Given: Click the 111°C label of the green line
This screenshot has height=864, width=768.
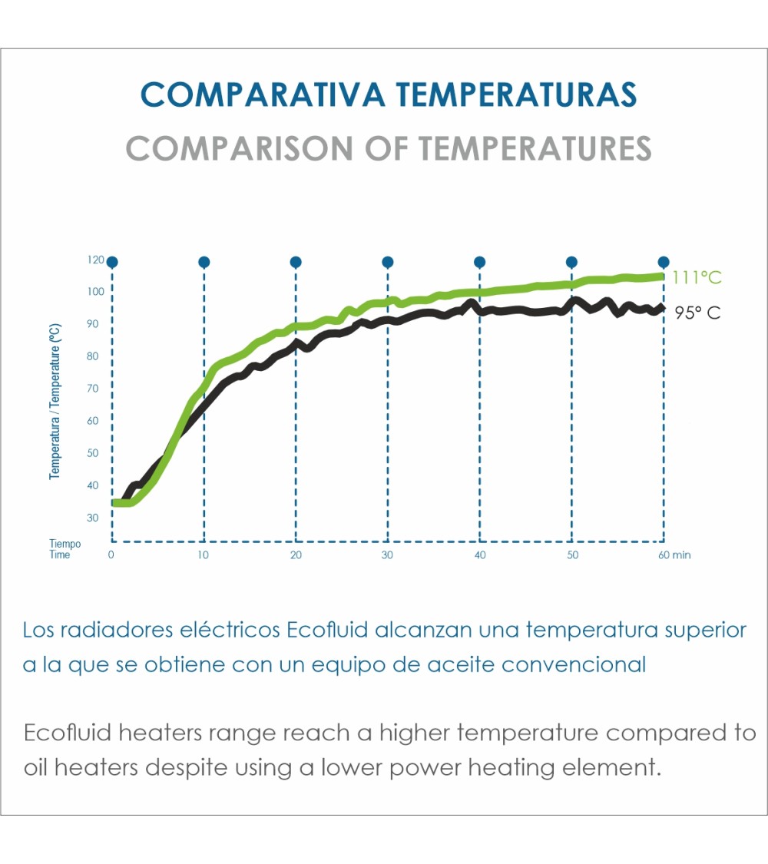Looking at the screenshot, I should tap(697, 278).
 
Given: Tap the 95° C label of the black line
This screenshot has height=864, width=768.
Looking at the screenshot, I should tap(697, 313).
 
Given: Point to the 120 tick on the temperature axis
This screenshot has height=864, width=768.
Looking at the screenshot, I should tap(95, 260).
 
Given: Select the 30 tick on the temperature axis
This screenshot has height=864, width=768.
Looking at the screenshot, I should tap(93, 518).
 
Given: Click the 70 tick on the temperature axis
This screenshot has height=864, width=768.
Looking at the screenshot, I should tap(93, 389).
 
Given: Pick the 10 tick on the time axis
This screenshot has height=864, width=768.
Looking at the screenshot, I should tap(204, 554).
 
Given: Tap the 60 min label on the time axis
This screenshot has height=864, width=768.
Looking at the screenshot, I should tap(674, 554).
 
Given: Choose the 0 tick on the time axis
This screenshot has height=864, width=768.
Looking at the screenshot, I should tap(112, 554).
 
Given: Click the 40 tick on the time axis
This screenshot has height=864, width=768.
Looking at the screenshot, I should tap(480, 554).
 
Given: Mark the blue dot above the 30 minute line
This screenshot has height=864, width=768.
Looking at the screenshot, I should tap(388, 262).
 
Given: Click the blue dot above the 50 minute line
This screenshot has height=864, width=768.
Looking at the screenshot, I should tap(571, 262).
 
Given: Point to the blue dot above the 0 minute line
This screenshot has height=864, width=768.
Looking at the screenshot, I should tap(112, 262).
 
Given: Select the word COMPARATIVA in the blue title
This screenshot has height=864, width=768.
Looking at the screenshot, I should tap(263, 95).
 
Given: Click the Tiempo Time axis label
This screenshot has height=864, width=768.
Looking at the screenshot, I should tap(65, 549).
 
